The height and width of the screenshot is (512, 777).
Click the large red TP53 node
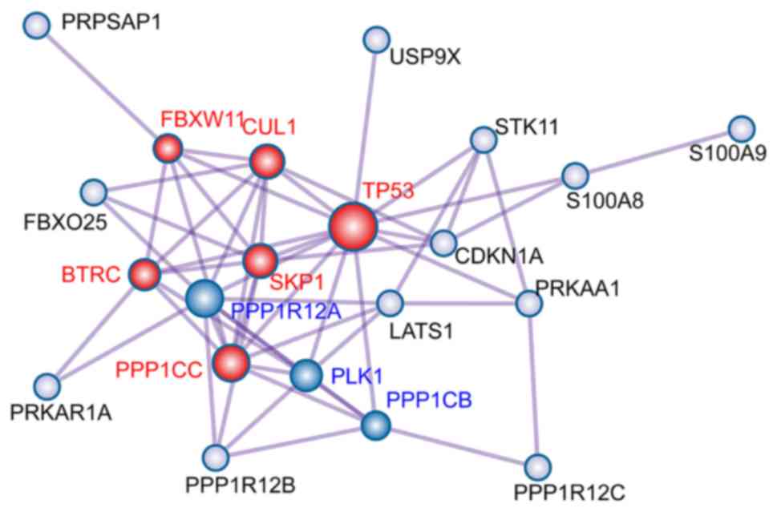click(352, 227)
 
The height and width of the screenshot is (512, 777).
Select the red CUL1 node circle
click(265, 162)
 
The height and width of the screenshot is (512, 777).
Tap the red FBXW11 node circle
click(168, 148)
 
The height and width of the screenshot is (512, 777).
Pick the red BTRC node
click(145, 274)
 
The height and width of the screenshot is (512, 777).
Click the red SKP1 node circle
click(260, 260)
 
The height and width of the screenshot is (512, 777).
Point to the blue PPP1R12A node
click(204, 299)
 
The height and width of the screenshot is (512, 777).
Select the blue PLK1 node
click(306, 375)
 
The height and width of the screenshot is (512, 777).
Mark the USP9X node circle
click(375, 38)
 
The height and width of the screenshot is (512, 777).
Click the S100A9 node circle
click(742, 128)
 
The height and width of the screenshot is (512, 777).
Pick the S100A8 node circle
click(575, 175)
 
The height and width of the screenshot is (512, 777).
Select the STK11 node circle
click(483, 140)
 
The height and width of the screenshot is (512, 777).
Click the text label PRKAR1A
click(61, 413)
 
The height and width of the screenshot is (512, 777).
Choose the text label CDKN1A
click(499, 257)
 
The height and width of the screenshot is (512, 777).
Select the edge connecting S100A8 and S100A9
click(658, 152)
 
